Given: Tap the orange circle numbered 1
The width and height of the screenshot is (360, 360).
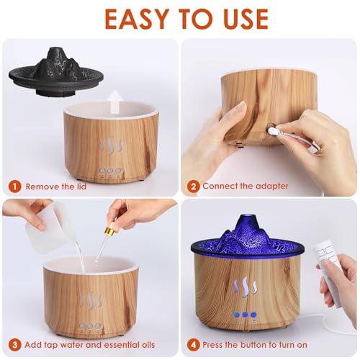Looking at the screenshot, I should click(x=14, y=186).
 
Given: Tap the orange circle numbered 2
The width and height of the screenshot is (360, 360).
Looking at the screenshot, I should click(x=193, y=186).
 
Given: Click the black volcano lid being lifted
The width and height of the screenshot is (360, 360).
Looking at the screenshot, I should click(x=56, y=68).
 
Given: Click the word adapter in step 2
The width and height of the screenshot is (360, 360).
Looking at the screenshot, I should click(x=271, y=186).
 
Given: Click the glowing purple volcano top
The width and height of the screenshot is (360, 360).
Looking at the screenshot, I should click(x=248, y=233).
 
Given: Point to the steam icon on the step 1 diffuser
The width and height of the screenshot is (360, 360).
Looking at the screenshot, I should click(x=109, y=148).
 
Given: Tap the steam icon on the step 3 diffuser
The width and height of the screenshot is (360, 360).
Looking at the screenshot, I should click(x=90, y=302).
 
